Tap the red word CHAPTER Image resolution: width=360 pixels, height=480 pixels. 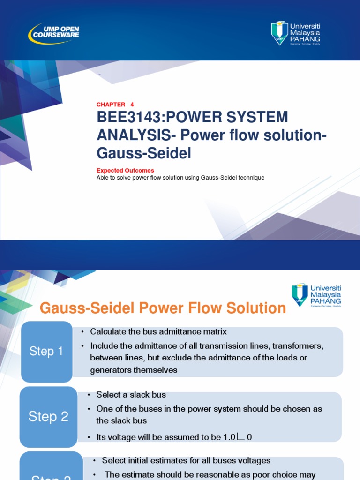(111, 105)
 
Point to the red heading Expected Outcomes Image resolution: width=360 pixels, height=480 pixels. (125, 171)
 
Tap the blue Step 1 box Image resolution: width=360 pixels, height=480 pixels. (46, 351)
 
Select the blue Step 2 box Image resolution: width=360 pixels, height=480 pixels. (48, 416)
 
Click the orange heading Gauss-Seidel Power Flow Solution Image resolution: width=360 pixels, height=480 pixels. (163, 308)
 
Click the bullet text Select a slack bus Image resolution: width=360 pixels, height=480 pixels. (131, 395)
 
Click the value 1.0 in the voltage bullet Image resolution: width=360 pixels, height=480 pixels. (229, 437)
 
